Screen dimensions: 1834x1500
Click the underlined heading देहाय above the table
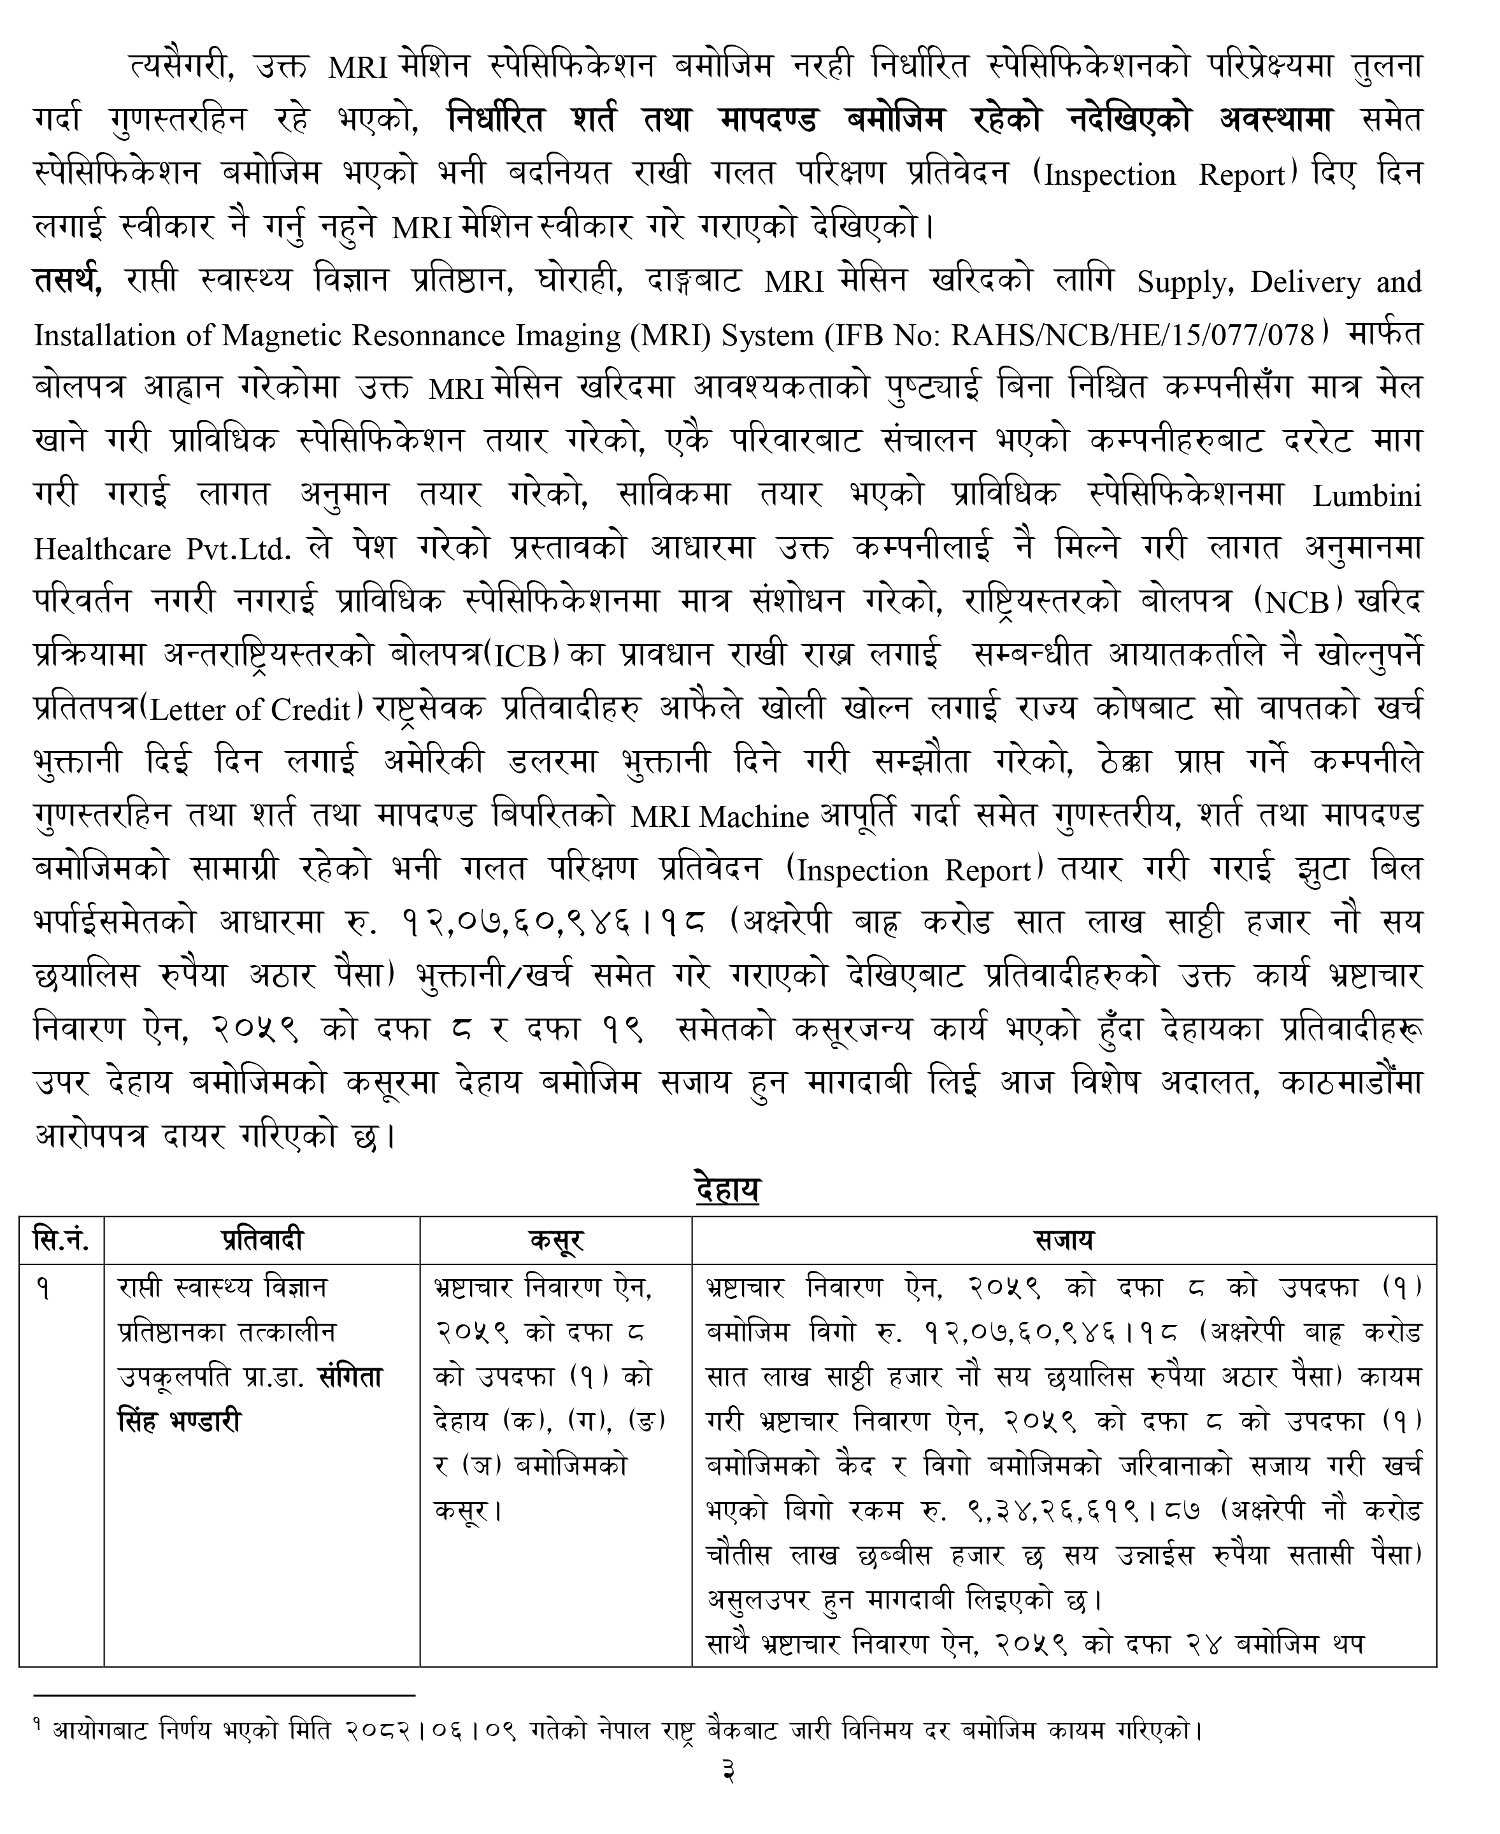pos(727,1189)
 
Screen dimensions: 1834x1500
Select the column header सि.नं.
pos(61,1240)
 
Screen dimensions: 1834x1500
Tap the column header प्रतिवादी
pos(262,1240)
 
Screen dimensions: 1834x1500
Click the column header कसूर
pos(555,1240)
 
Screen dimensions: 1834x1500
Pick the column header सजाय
pos(1064,1240)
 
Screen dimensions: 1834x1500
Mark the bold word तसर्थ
pos(68,281)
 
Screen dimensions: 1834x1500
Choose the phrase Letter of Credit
pos(250,710)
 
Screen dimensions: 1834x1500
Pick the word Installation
pos(100,335)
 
